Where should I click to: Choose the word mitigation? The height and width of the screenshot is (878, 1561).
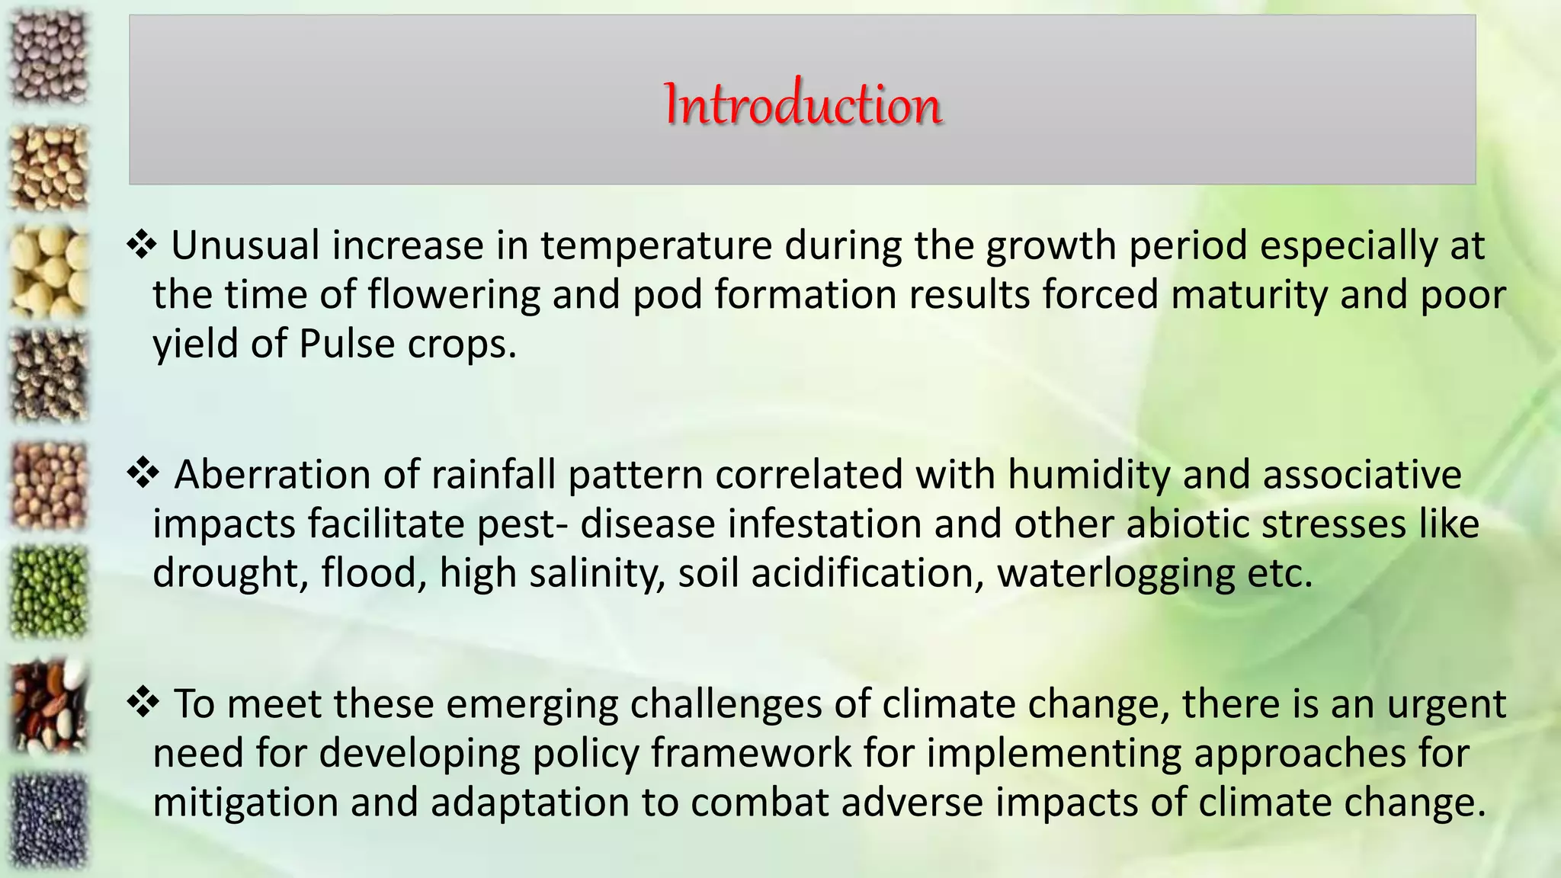pyautogui.click(x=245, y=803)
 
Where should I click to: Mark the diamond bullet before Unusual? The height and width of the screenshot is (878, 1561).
pyautogui.click(x=142, y=245)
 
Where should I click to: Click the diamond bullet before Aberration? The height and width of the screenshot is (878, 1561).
pyautogui.click(x=142, y=474)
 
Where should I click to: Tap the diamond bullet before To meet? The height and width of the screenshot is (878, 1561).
pyautogui.click(x=142, y=703)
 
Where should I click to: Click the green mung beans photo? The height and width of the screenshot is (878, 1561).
pyautogui.click(x=49, y=591)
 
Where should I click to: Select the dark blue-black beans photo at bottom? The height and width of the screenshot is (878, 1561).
pyautogui.click(x=49, y=819)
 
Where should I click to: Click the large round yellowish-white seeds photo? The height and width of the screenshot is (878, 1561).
pyautogui.click(x=49, y=271)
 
